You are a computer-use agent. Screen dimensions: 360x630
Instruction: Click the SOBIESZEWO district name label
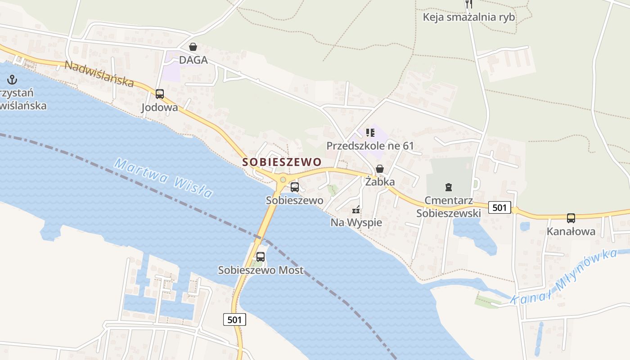[282, 162]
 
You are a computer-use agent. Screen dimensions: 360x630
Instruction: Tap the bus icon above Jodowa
[160, 94]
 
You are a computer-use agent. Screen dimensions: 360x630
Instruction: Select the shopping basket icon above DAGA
[193, 47]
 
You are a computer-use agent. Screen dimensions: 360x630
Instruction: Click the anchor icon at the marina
[13, 80]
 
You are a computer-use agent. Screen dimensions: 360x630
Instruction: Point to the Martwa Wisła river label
[163, 178]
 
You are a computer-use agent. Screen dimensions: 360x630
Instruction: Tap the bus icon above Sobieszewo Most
[261, 257]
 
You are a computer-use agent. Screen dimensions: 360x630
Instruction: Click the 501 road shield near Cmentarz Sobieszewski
[499, 207]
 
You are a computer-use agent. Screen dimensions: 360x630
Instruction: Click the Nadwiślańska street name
[99, 74]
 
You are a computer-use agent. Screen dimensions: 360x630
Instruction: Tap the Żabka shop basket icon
[380, 169]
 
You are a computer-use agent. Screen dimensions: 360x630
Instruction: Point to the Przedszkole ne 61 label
[370, 146]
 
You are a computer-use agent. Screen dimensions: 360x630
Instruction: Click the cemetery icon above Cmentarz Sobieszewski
[448, 187]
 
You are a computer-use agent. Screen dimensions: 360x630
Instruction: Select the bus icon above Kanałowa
[571, 218]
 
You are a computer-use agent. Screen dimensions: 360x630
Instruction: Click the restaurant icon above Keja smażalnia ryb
[469, 4]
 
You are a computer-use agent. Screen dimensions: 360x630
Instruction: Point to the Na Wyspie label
[356, 222]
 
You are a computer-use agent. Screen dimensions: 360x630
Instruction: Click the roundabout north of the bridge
[283, 180]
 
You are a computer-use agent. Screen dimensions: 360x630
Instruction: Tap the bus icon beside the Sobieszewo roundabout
[295, 187]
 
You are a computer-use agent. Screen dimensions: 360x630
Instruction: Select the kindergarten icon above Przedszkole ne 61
[370, 132]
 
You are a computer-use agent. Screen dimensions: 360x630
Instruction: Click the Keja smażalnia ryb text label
[469, 18]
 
